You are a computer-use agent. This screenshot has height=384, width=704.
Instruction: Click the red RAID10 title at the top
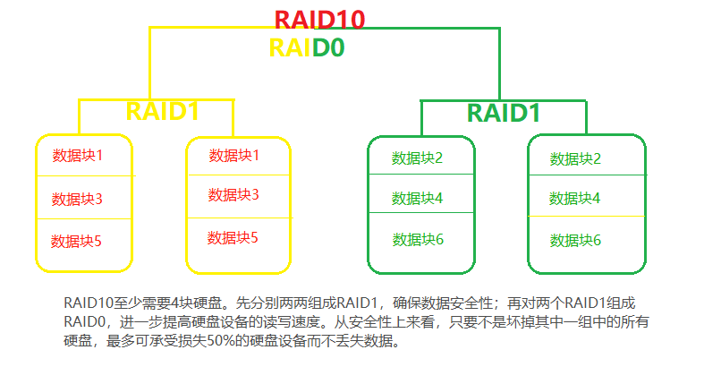point(319,19)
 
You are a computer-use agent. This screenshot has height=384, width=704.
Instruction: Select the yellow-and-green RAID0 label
point(307,47)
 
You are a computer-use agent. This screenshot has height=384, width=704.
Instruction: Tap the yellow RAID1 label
point(162,110)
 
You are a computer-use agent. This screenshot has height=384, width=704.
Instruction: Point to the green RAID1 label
point(504,114)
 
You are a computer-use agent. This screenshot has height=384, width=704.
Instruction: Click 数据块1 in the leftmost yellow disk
point(78,156)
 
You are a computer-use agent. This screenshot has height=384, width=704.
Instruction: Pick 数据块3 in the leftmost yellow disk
point(77,199)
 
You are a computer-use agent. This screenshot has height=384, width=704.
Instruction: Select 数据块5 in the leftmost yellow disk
point(77,241)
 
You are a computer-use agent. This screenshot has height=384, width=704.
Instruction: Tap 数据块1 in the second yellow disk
point(233,156)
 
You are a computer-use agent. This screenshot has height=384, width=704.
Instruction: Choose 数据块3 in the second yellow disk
point(233,195)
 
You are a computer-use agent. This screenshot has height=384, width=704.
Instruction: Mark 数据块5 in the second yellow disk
point(233,238)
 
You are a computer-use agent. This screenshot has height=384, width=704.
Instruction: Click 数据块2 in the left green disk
point(418,158)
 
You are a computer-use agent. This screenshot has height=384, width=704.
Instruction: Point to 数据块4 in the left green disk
point(418,199)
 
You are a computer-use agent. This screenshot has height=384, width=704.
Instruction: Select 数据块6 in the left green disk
point(418,239)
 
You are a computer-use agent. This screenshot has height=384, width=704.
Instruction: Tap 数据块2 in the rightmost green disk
point(575,159)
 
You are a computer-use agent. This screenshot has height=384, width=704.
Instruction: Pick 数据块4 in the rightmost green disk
point(575,199)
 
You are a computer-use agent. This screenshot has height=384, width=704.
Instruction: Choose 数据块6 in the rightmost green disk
point(575,240)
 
